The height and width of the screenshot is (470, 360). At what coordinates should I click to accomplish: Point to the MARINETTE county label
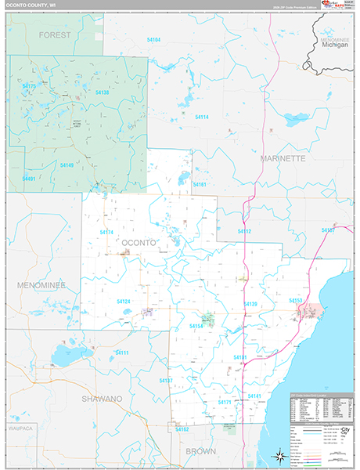283,158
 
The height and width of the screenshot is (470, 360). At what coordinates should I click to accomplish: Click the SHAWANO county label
103,399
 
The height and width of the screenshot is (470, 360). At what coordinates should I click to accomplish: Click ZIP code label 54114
201,117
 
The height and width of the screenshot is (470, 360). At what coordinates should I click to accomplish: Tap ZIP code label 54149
67,165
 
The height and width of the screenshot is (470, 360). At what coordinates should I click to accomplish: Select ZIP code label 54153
295,301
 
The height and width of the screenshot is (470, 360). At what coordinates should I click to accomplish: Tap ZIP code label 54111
121,353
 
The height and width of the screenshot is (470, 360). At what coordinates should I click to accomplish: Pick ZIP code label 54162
182,429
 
